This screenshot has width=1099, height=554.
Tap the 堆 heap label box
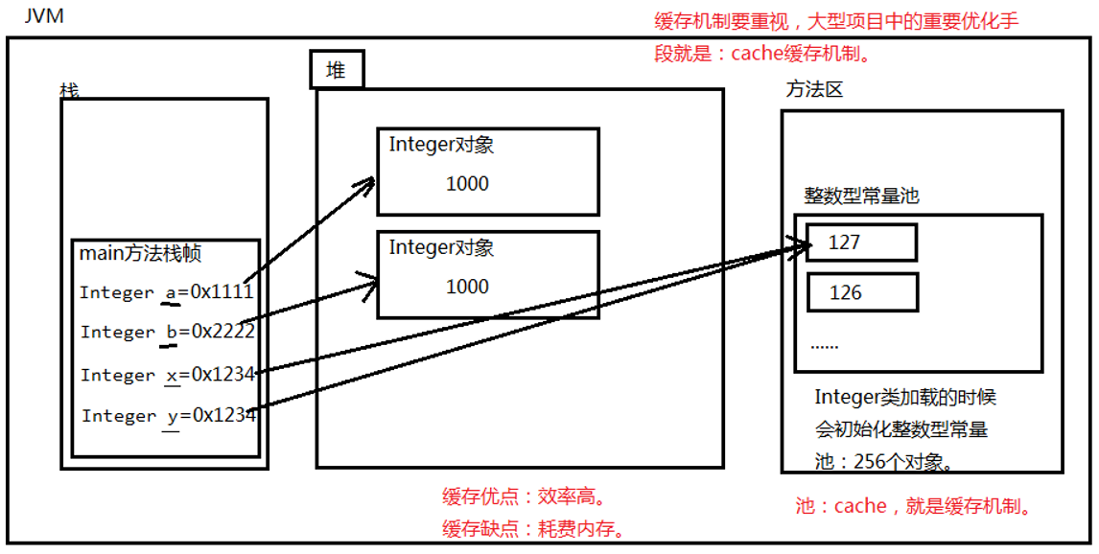coord(337,70)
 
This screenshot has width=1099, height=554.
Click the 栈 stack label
coord(69,91)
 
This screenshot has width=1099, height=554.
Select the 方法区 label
coord(814,90)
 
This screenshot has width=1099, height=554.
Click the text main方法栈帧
coord(140,254)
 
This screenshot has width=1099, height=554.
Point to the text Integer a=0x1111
coord(166,292)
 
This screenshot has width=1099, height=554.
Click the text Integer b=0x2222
coord(167,332)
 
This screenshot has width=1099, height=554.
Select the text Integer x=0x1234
coord(168,375)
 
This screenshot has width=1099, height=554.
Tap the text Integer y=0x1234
coord(169,415)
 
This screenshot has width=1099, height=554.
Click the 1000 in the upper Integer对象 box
coord(467,183)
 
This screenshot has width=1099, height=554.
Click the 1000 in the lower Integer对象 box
coord(467,286)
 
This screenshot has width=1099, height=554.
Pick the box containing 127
coord(861,242)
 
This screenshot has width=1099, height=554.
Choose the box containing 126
coord(862,292)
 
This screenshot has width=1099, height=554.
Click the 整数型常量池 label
coord(861,196)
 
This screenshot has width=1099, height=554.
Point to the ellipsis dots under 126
coord(825,342)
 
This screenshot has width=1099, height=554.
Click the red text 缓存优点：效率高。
coord(524,496)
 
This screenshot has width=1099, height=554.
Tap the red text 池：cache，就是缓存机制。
coord(915,506)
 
